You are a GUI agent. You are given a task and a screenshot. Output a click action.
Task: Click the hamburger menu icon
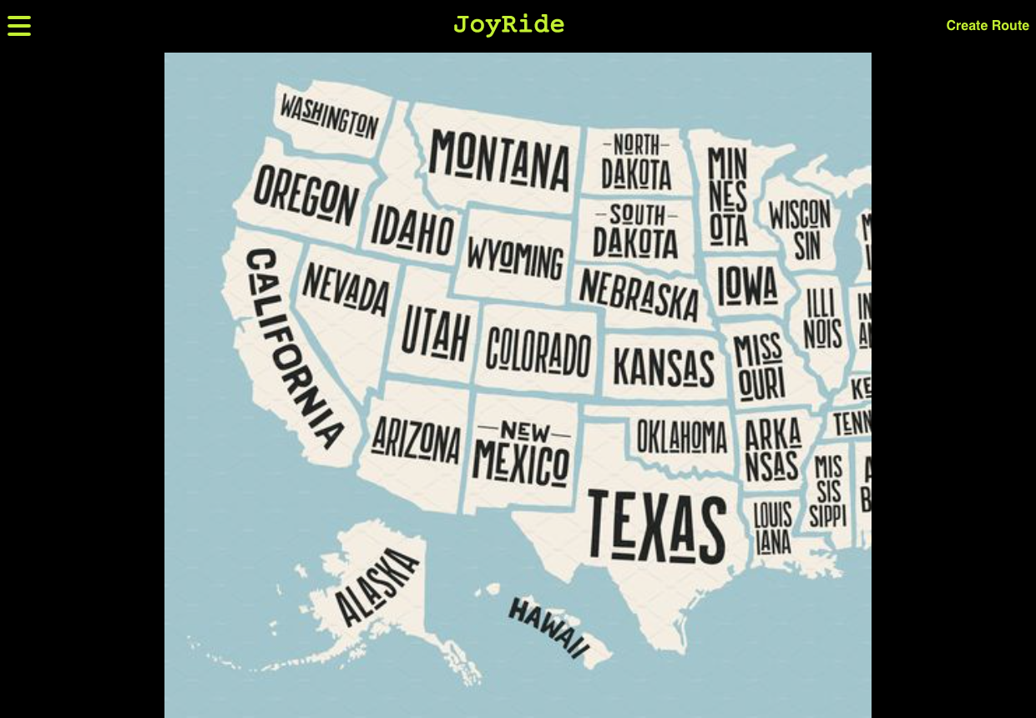point(19,26)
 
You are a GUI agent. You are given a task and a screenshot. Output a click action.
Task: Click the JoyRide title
point(508,25)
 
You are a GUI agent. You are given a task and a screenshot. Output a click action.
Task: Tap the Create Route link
point(987,26)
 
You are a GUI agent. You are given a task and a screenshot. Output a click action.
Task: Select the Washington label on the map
point(329,116)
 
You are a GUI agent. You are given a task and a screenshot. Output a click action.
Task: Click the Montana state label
point(499,159)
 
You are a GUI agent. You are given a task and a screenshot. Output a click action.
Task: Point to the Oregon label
point(306,195)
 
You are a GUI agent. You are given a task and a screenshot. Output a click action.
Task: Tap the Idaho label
point(412,230)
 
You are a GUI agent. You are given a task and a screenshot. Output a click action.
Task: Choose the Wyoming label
point(515,257)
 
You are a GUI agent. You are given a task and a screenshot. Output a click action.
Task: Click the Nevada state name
point(346,289)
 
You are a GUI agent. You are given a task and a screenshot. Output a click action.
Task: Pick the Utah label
point(435,331)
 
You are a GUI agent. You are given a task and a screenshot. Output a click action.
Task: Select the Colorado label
point(538,351)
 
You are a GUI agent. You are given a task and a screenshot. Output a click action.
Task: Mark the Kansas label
point(664,367)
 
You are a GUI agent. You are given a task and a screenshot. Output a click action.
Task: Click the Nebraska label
point(639,294)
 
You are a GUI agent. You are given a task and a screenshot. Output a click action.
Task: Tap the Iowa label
point(747,286)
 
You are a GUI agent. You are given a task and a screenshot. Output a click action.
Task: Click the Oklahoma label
point(682,436)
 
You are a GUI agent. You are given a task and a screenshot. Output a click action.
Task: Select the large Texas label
point(657,527)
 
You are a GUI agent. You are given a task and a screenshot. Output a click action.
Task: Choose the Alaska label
point(376,587)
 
